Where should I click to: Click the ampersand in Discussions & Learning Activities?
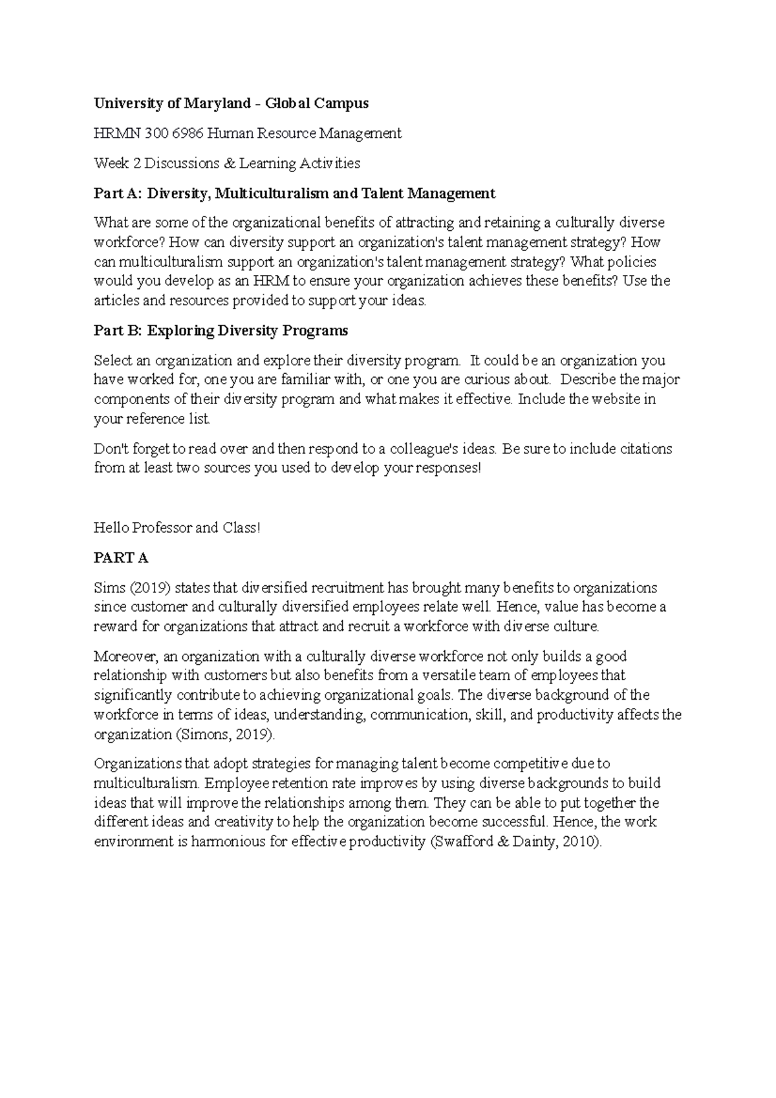point(230,164)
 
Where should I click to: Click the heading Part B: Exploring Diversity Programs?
point(221,331)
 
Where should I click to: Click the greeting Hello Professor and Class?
point(177,528)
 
